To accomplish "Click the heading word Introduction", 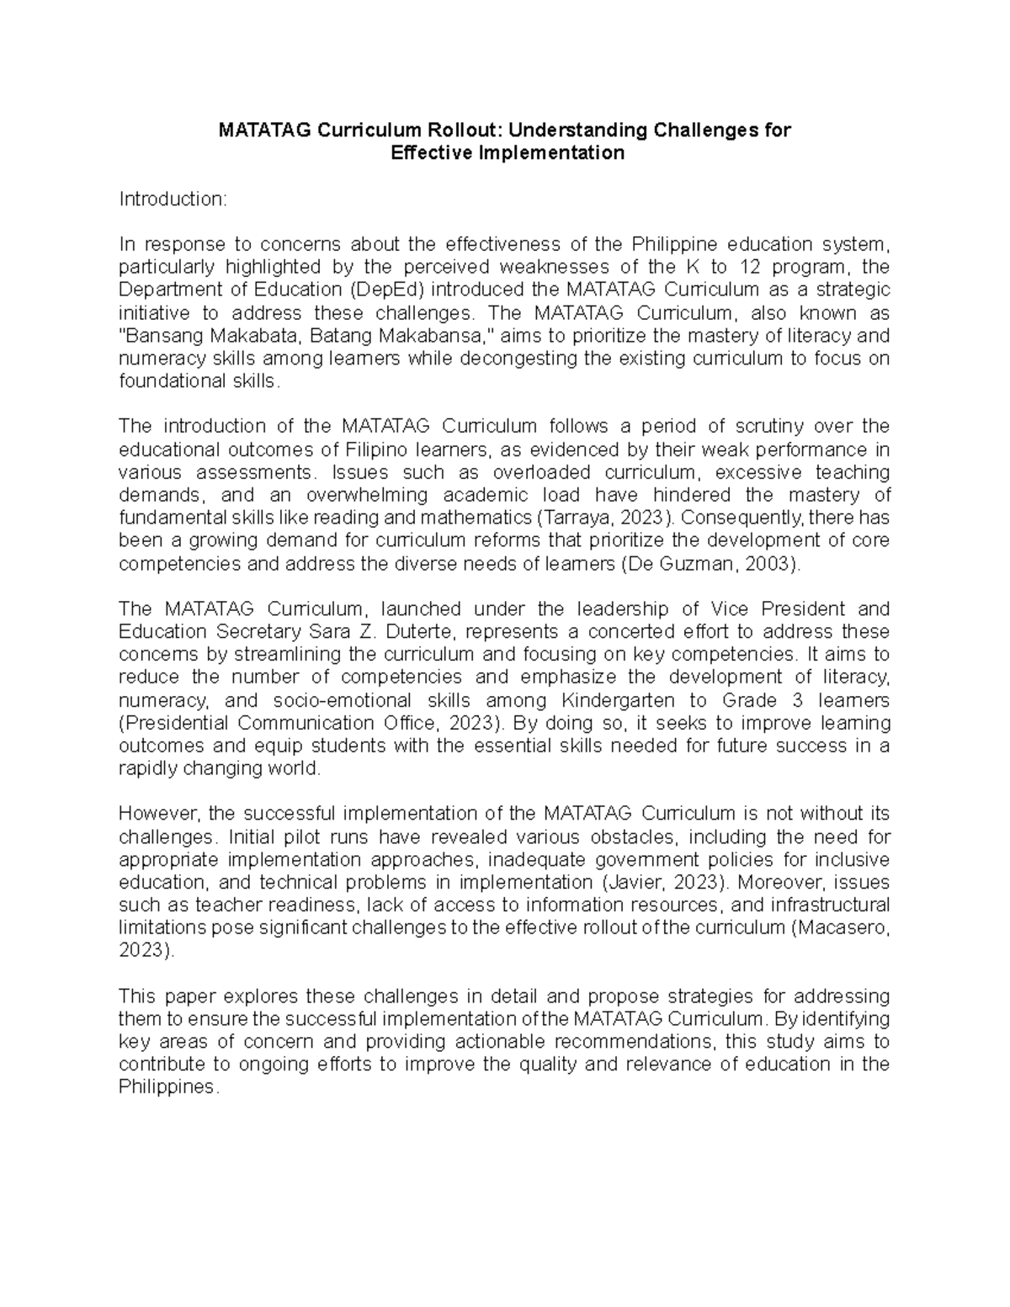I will (x=172, y=199).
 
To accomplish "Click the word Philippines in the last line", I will (x=167, y=1087).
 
